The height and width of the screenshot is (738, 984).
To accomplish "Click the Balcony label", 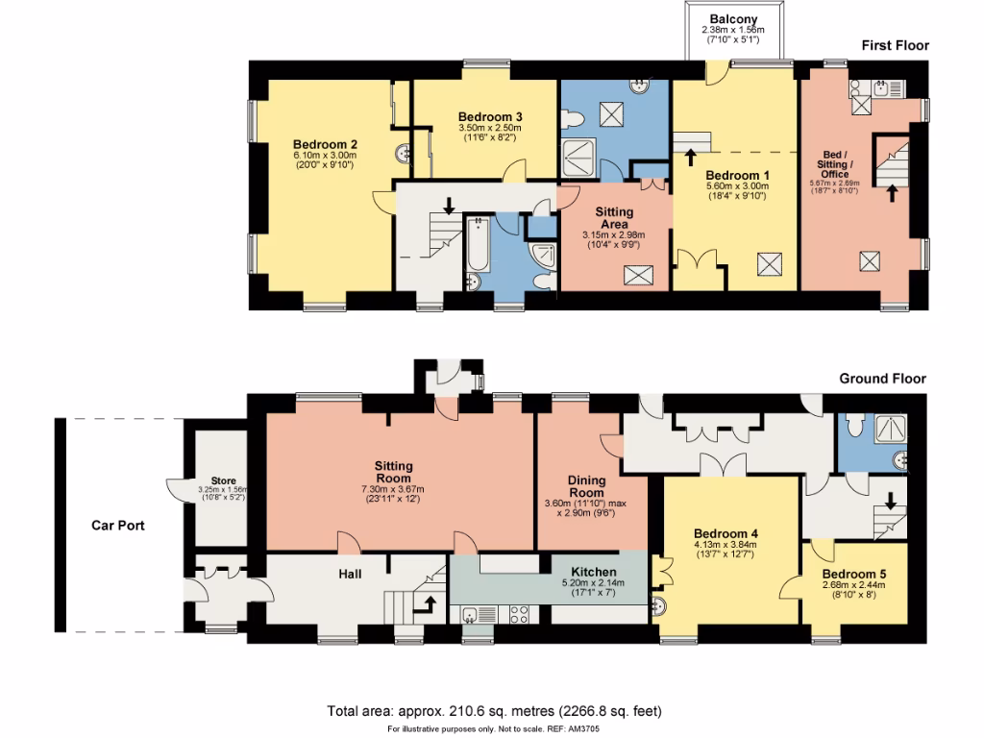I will (x=733, y=18).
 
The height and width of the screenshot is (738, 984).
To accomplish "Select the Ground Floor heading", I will (x=882, y=379).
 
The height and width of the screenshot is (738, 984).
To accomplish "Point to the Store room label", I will (x=209, y=480).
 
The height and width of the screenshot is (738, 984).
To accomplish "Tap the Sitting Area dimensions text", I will (x=613, y=239).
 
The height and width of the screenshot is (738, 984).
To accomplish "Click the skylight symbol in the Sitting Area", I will (x=637, y=275).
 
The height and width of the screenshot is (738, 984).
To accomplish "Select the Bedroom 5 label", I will (x=843, y=574).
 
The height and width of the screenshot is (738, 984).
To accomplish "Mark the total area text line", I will (x=495, y=712).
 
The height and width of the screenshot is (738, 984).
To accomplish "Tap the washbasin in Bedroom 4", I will (x=660, y=607).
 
